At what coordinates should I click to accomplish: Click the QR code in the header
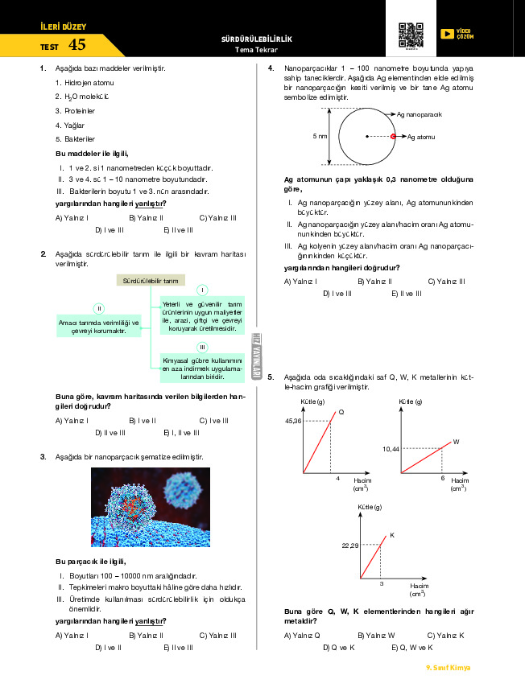point(411,35)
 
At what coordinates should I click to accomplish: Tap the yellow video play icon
point(447,34)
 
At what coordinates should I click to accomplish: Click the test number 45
point(77,45)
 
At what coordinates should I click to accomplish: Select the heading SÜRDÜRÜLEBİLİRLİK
point(256,39)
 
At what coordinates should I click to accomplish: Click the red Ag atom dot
point(394,137)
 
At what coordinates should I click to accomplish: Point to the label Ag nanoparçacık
point(420,114)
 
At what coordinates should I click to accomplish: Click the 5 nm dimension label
point(320,137)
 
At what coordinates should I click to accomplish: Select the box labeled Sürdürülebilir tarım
point(151,281)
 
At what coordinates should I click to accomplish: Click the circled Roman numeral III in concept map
point(203,346)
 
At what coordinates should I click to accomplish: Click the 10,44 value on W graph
point(391,448)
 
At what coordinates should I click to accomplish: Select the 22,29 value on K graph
point(349,546)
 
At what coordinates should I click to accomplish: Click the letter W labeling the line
point(456,442)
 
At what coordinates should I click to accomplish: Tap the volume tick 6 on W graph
point(442,478)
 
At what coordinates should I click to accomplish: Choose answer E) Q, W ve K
point(411,647)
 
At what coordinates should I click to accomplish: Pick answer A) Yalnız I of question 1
point(72,217)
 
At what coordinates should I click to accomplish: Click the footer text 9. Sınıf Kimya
point(448,668)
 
